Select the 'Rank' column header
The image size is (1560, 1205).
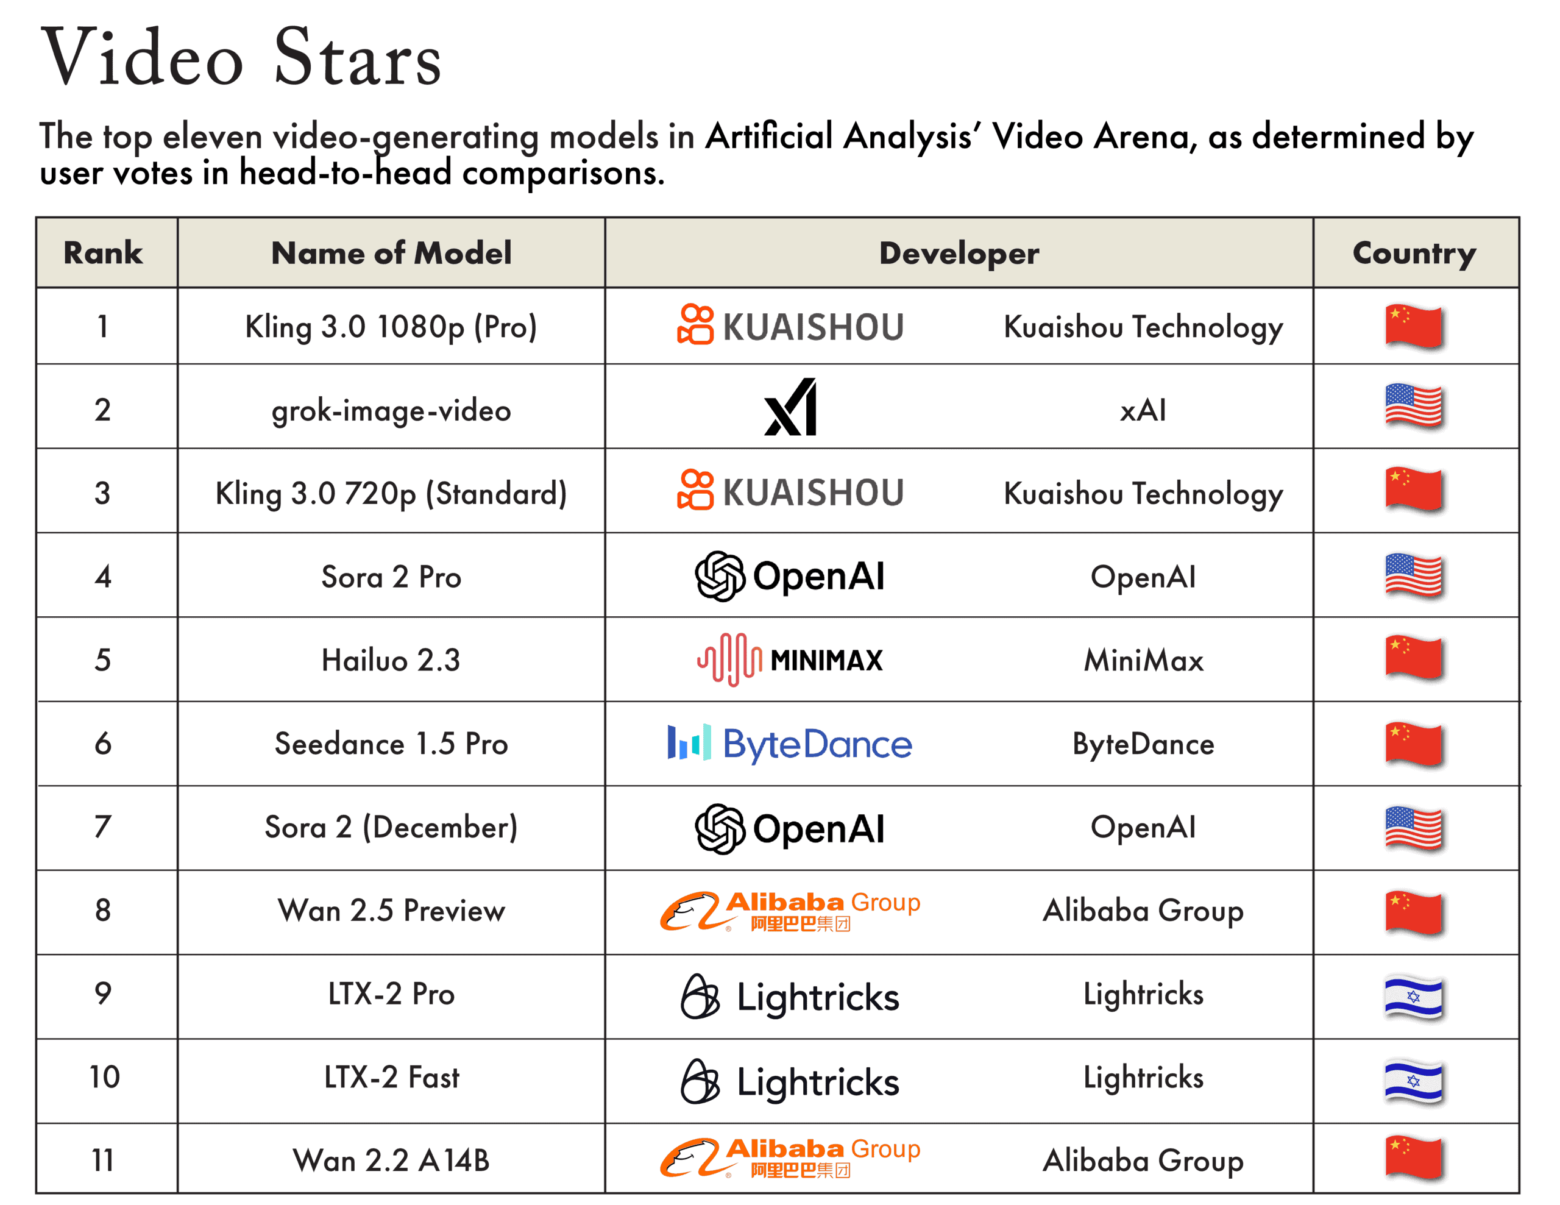(103, 253)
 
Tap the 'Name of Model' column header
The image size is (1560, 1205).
(391, 253)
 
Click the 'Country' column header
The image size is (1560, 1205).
(1414, 253)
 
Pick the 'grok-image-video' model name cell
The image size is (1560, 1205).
(391, 410)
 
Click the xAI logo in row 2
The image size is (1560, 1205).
(790, 407)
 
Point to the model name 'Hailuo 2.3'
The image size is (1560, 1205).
(391, 660)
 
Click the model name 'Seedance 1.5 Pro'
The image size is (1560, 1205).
(391, 744)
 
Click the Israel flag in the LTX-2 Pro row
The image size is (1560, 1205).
(1414, 997)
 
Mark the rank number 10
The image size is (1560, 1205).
(104, 1077)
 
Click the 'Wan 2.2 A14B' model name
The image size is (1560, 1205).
(391, 1161)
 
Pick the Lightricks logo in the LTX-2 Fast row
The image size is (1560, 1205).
(790, 1081)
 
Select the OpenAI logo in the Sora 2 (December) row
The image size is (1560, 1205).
(790, 828)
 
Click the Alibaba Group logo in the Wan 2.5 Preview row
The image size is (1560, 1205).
(790, 911)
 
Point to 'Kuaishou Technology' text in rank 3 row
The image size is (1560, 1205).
(1143, 494)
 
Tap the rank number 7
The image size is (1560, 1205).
(103, 827)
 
